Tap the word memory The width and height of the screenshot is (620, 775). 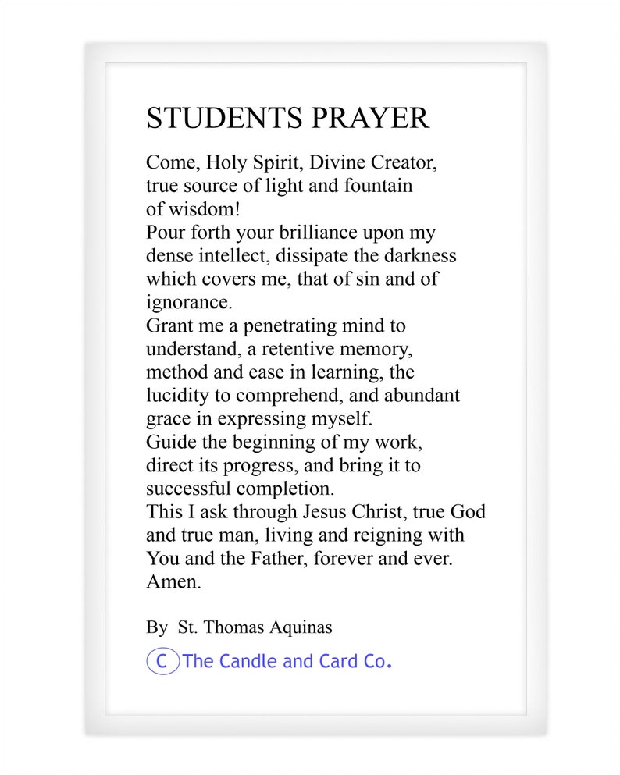tap(374, 347)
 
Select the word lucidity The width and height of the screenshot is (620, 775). tap(178, 394)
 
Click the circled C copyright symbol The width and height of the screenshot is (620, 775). tap(162, 662)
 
